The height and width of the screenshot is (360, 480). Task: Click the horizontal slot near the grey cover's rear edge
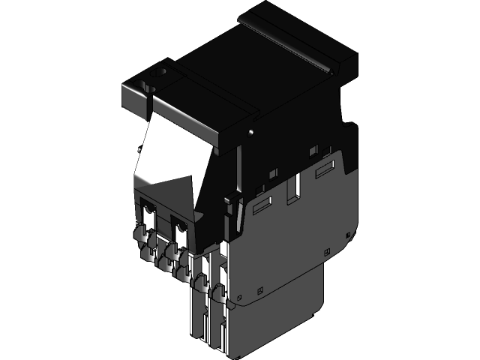(x=326, y=171)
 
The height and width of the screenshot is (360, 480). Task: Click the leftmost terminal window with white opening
(x=148, y=213)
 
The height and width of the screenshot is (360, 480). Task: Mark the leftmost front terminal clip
(x=141, y=238)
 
